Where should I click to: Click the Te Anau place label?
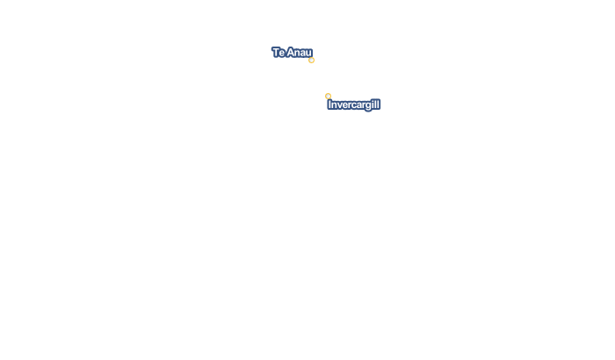pos(293,52)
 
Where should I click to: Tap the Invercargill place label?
pos(354,104)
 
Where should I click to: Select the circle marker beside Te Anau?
pos(311,61)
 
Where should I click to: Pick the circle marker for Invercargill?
pos(329,96)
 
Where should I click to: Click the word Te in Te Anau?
pos(279,52)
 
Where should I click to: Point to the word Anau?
pos(300,52)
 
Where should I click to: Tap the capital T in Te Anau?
pos(276,52)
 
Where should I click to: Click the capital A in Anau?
pos(290,52)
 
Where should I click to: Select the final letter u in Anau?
pos(309,53)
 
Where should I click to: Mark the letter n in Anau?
pos(297,53)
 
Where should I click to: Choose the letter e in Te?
pos(282,53)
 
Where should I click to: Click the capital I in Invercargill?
pos(329,104)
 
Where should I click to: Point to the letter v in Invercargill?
pos(339,105)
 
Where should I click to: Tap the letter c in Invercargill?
pos(353,105)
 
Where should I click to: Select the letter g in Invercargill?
pos(368,106)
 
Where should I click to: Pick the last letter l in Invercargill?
pos(379,104)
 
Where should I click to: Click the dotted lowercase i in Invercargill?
pos(373,104)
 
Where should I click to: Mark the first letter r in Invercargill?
pos(349,105)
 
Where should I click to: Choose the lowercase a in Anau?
pos(304,53)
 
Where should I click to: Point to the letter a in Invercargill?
pos(358,105)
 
